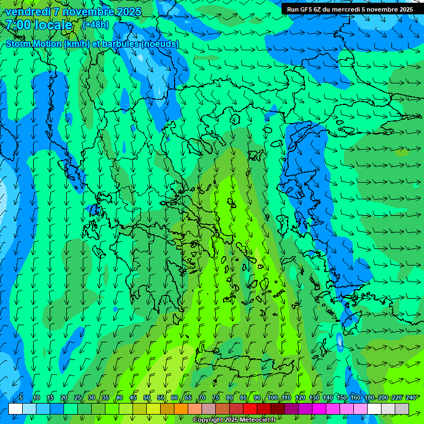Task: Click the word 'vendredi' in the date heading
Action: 25,12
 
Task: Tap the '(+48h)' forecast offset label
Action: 96,25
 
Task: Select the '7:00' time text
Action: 18,25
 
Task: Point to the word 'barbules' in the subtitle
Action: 121,44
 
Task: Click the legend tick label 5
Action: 21,397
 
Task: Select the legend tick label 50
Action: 147,397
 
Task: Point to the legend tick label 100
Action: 272,397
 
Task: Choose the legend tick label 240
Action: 411,397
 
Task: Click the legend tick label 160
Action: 356,397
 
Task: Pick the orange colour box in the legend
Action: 167,409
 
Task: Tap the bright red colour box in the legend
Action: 250,409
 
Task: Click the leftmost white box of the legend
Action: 15,409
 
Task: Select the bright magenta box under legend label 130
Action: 319,409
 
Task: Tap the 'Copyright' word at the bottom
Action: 208,420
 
